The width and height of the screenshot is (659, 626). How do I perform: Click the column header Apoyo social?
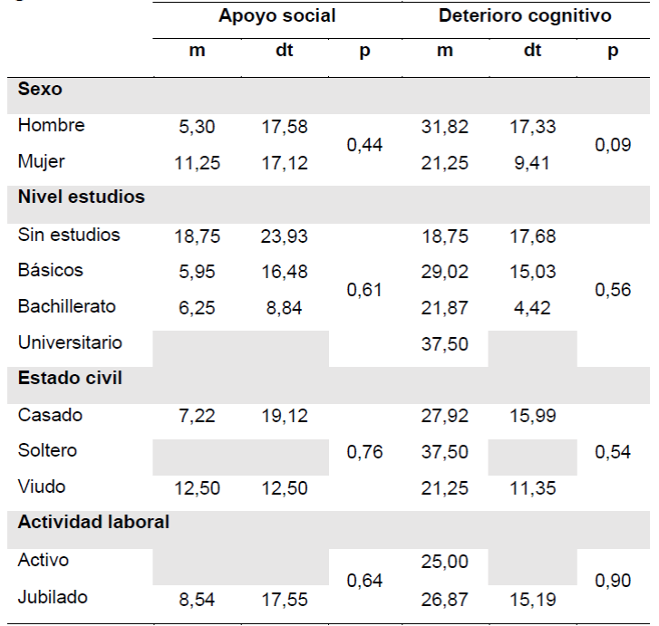[276, 15]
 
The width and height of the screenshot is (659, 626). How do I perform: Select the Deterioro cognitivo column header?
[525, 15]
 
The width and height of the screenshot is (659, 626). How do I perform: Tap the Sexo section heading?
[39, 90]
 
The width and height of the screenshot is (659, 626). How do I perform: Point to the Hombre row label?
[51, 126]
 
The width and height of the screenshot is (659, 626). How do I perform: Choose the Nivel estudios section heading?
[82, 197]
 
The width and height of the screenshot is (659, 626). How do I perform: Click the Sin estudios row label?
[69, 235]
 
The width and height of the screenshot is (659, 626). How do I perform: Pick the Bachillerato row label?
[66, 306]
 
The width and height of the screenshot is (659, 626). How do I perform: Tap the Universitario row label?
[70, 342]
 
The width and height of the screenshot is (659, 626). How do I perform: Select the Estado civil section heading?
[70, 378]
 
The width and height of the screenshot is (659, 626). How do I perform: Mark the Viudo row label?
[42, 486]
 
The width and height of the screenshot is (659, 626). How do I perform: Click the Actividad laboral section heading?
[93, 523]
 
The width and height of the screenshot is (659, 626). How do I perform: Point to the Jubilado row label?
[53, 597]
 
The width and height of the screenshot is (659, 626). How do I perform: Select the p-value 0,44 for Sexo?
[364, 145]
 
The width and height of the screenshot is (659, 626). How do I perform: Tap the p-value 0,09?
[613, 145]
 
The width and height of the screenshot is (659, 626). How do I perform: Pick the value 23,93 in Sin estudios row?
[286, 236]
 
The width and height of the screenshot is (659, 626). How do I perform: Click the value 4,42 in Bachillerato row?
[533, 308]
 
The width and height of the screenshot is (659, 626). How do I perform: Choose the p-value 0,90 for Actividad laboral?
[613, 580]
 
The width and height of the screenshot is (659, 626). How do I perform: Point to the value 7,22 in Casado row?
[197, 417]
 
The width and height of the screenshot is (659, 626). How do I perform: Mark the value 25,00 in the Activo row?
[445, 562]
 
